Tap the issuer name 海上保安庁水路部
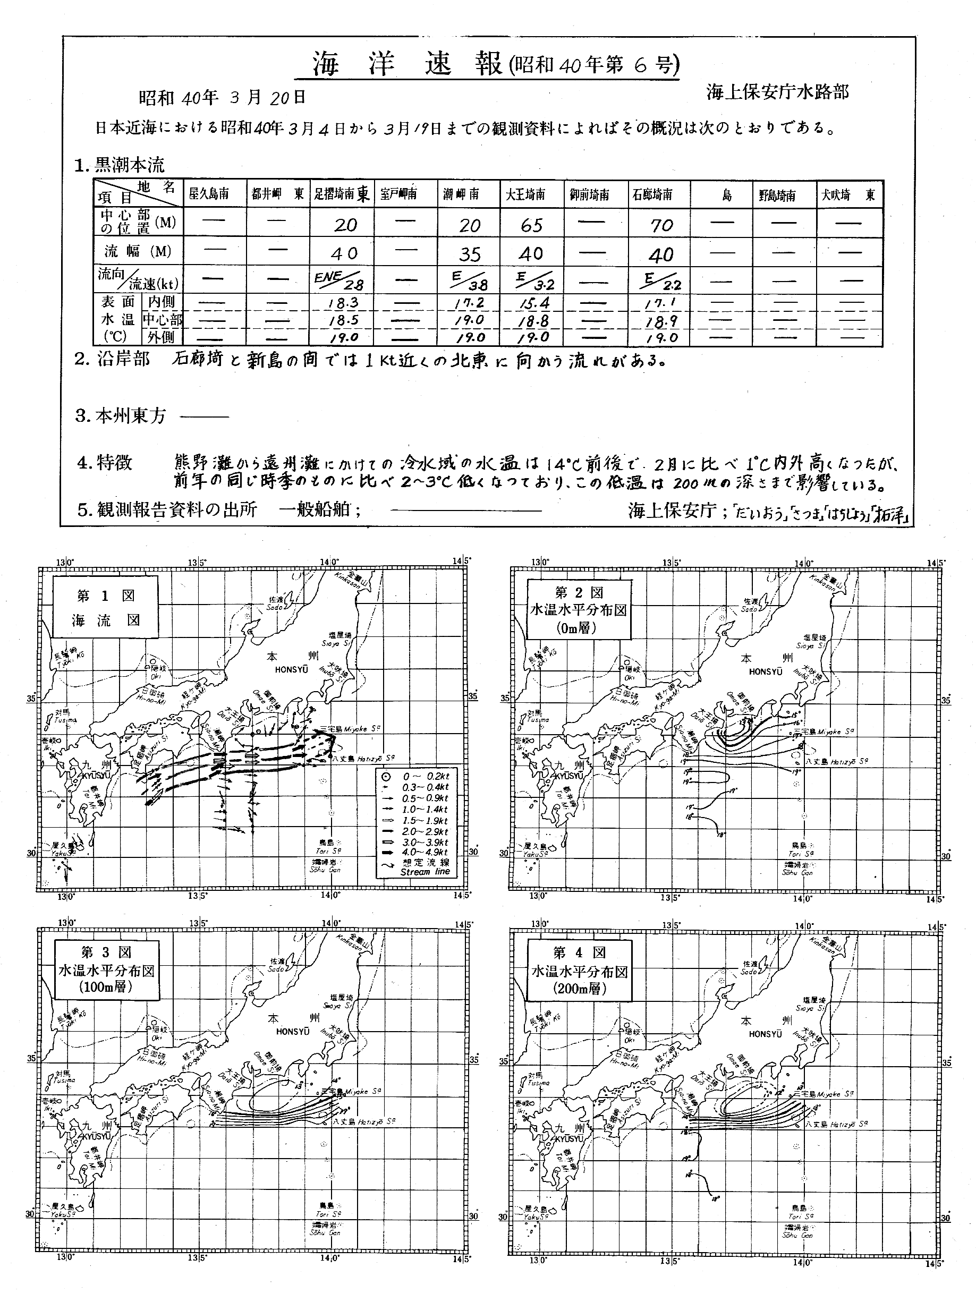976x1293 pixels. (777, 92)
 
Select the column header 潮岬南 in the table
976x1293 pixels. (461, 194)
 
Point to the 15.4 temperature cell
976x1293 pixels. (531, 303)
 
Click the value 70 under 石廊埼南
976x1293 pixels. (661, 225)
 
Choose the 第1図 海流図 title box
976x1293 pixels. (105, 607)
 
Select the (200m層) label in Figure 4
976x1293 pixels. (579, 989)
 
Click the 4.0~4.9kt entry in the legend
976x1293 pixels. (425, 853)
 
